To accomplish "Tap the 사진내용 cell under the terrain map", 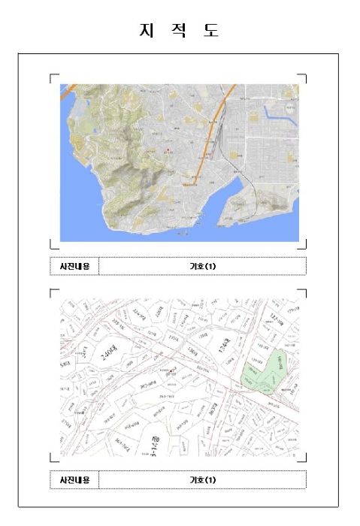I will pos(74,266).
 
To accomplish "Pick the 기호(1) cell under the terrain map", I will pos(202,266).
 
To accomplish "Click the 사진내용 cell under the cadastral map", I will pos(74,479).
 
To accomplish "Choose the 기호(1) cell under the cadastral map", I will pos(202,479).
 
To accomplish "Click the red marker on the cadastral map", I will pos(171,371).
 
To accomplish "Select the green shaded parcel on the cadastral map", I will pos(272,370).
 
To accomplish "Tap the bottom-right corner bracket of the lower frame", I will pos(303,458).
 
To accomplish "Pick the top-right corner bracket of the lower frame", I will pos(303,292).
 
